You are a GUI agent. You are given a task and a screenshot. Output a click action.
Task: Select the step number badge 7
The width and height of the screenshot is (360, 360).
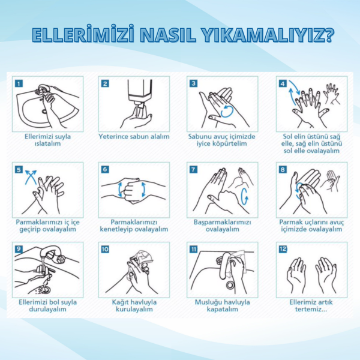click(193, 169)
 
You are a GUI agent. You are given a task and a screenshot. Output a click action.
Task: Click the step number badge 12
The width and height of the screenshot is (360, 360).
click(283, 249)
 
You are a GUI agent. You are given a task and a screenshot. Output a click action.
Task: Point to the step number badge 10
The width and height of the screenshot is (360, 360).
click(105, 249)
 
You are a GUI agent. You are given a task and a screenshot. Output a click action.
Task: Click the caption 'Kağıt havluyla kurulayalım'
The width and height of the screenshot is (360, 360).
click(134, 306)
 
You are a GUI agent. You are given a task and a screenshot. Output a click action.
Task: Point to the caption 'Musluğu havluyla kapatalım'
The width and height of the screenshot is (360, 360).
click(222, 306)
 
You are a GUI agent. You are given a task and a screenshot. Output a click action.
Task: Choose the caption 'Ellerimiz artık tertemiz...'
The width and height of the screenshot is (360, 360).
click(311, 306)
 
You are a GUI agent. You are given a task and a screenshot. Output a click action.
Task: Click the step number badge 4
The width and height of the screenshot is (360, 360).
click(283, 83)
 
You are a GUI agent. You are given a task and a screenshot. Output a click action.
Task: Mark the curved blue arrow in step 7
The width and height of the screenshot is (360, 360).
click(244, 196)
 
